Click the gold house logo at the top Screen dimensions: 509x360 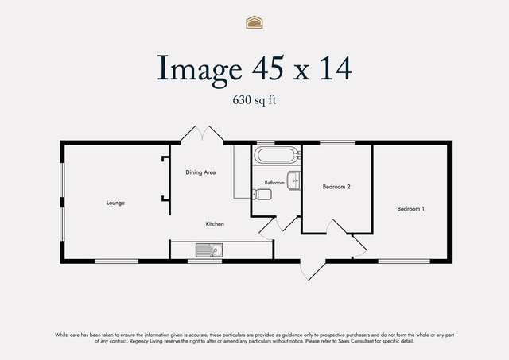tap(254, 22)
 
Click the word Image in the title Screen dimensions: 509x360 tap(200, 69)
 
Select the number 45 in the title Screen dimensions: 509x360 tap(267, 68)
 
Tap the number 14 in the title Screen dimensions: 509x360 tap(336, 68)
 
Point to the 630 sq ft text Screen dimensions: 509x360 tap(254, 100)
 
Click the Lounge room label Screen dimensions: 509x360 tap(115, 203)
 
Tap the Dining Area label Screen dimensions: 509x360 tap(200, 172)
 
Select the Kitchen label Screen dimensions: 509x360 tap(215, 224)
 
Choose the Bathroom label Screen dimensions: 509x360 tap(274, 183)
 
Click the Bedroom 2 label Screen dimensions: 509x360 tap(336, 187)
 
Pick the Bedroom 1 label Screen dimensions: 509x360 tap(410, 209)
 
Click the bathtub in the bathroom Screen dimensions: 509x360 tap(278, 155)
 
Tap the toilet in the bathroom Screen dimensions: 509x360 tap(262, 194)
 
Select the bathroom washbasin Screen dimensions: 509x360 tap(293, 180)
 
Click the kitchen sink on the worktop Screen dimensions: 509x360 tap(209, 250)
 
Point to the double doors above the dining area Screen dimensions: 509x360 tap(202, 134)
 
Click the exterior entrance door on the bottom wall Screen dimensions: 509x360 tap(313, 270)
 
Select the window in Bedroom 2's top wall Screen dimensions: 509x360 tap(337, 142)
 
